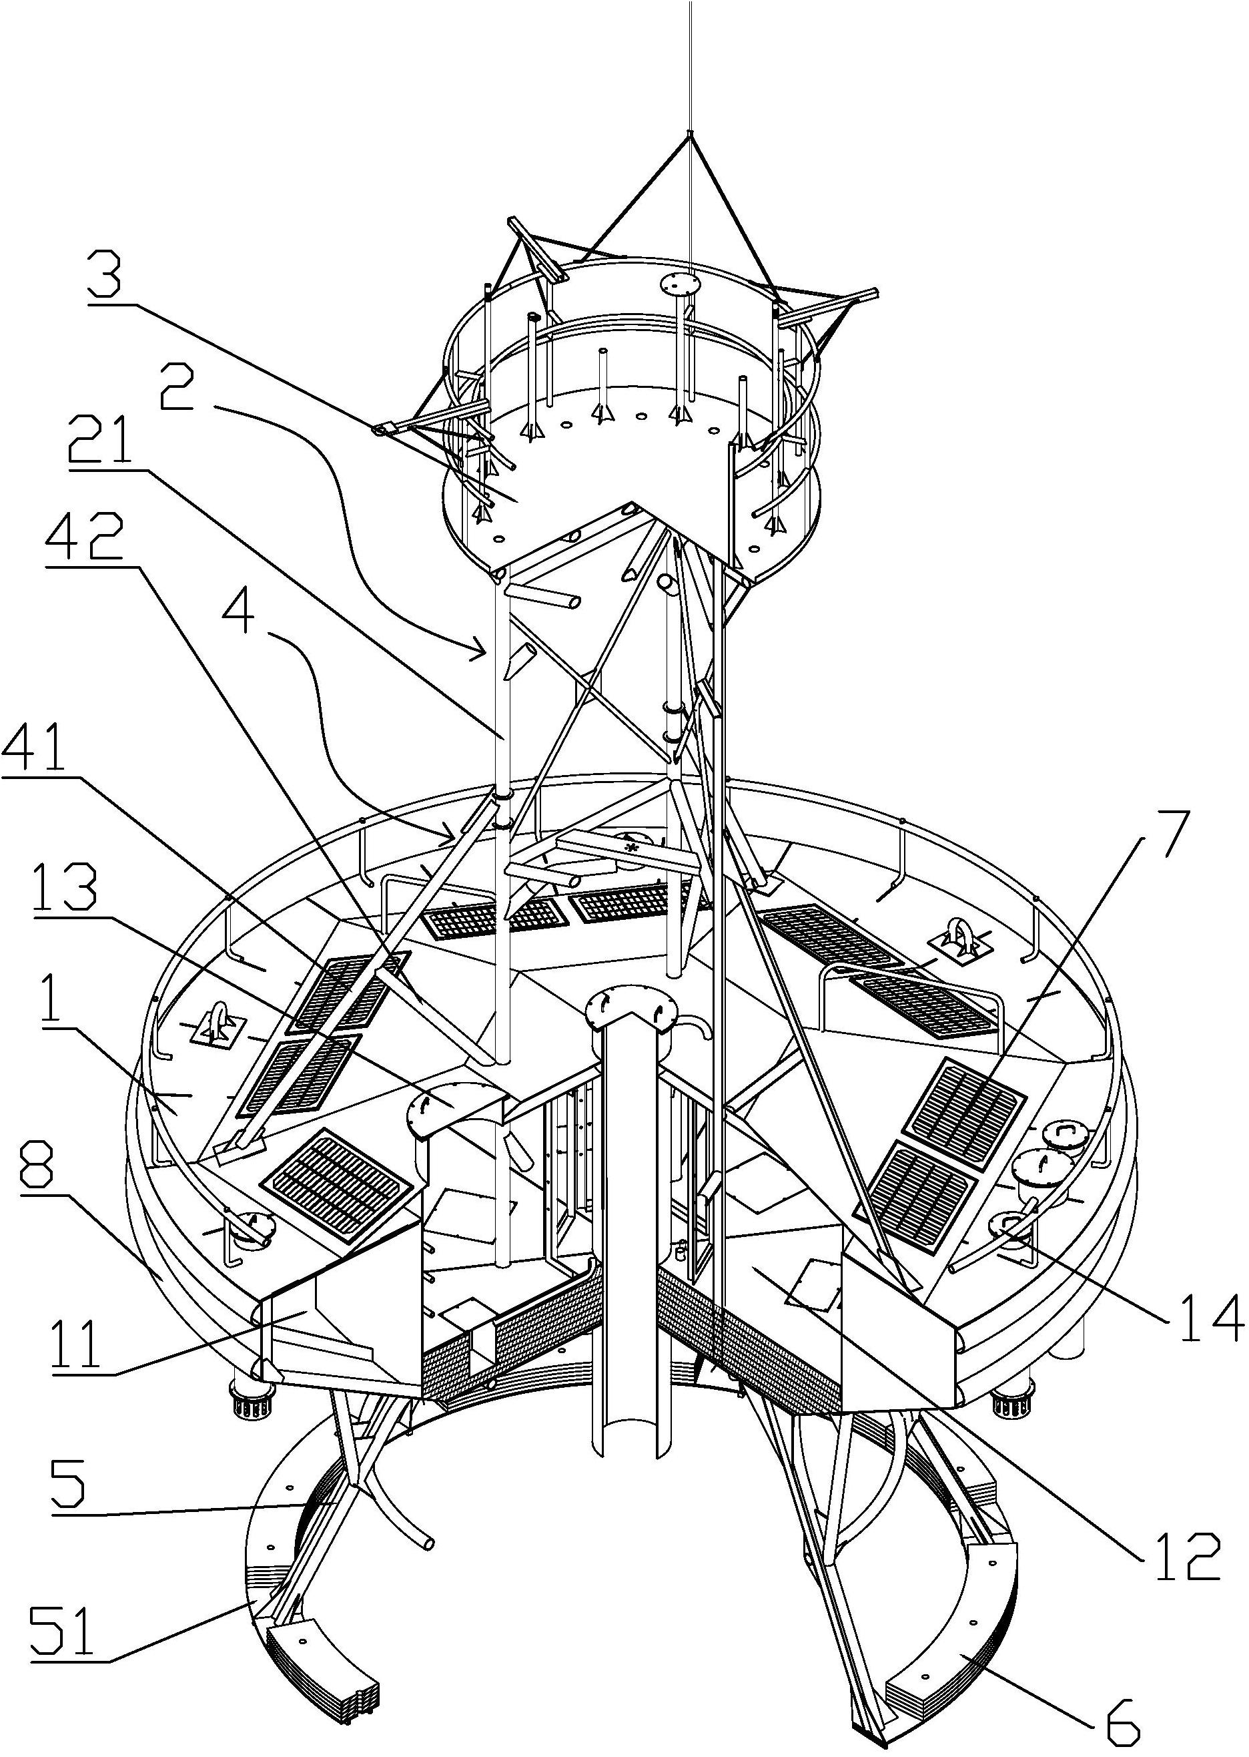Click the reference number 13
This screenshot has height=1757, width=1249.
tap(65, 889)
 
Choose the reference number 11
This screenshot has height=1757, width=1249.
tap(77, 1341)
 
